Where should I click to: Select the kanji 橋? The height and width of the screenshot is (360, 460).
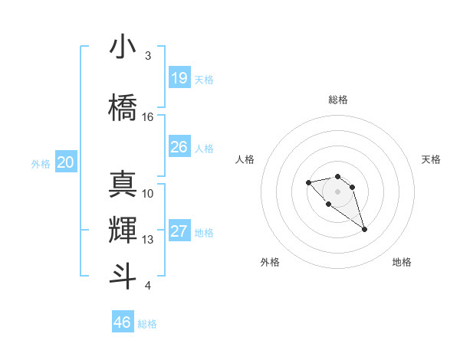tap(123, 106)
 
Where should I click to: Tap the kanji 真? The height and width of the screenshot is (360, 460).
tap(123, 183)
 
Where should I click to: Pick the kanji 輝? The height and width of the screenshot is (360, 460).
tap(123, 228)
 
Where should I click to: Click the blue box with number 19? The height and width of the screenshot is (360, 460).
tap(179, 78)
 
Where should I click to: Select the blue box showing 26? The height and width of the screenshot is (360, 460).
tap(179, 147)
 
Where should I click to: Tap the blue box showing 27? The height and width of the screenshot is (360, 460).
tap(179, 231)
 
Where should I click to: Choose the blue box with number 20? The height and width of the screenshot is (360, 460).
tap(66, 162)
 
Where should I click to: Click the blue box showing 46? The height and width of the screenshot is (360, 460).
tap(123, 322)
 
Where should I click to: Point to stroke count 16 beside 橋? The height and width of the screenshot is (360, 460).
tap(148, 117)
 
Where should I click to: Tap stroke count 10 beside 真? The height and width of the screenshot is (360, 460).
tap(148, 193)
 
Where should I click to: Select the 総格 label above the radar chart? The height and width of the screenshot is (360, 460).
tap(337, 100)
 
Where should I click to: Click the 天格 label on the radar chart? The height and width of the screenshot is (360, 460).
tap(431, 159)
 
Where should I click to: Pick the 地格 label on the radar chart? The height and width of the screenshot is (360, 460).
tap(402, 262)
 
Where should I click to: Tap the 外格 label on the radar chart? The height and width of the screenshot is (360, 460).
tap(270, 262)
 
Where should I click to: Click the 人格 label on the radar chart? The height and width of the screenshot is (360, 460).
tap(245, 159)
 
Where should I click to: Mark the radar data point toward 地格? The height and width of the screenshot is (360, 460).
tap(364, 229)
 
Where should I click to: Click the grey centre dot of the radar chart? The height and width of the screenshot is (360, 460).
tap(337, 191)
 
